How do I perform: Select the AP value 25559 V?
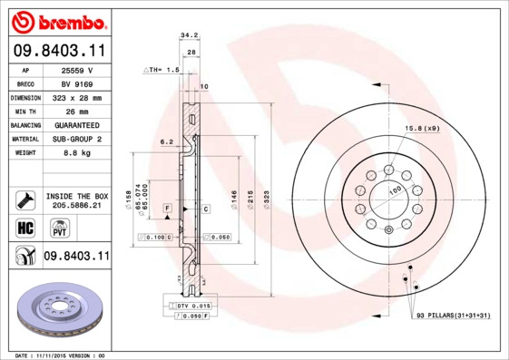[76, 69]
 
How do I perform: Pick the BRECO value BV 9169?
[76, 83]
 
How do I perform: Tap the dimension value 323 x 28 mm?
[76, 97]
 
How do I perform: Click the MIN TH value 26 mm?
[76, 111]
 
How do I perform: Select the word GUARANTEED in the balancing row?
[76, 124]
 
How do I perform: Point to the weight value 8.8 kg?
[76, 152]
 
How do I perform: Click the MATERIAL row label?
[24, 139]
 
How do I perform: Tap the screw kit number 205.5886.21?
[76, 207]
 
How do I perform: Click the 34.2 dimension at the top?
[189, 35]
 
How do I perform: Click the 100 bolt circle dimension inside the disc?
[396, 190]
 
